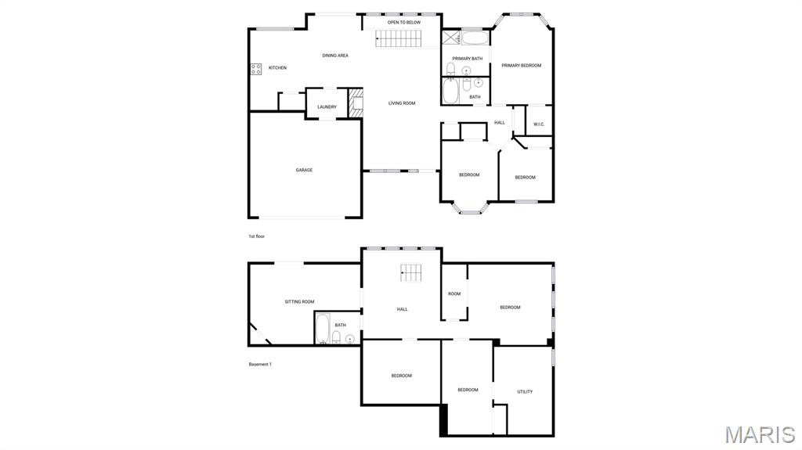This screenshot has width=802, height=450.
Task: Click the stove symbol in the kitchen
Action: pyautogui.click(x=255, y=69)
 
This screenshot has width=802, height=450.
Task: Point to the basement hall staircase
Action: pyautogui.click(x=411, y=272)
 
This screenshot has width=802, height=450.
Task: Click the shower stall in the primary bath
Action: pyautogui.click(x=450, y=38)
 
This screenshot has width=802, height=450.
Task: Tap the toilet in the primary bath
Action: pyautogui.click(x=450, y=70)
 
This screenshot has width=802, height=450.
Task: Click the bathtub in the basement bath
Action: pyautogui.click(x=321, y=328)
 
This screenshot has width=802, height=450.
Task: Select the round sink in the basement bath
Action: pyautogui.click(x=349, y=339)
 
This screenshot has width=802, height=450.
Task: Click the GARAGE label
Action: pyautogui.click(x=304, y=170)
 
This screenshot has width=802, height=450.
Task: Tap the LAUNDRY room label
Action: pyautogui.click(x=327, y=107)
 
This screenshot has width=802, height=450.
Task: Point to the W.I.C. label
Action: pyautogui.click(x=539, y=124)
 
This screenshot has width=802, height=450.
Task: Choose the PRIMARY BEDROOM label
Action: pyautogui.click(x=522, y=66)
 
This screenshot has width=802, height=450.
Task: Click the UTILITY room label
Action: pyautogui.click(x=525, y=391)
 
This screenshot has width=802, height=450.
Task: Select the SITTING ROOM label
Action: pyautogui.click(x=299, y=301)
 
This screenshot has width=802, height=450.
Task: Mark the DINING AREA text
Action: pyautogui.click(x=335, y=56)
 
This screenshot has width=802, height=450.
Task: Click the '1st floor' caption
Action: pyautogui.click(x=257, y=236)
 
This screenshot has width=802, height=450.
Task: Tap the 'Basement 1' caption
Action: pyautogui.click(x=260, y=364)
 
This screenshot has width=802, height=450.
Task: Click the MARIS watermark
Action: pyautogui.click(x=759, y=434)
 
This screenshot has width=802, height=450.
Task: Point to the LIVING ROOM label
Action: pyautogui.click(x=402, y=103)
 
